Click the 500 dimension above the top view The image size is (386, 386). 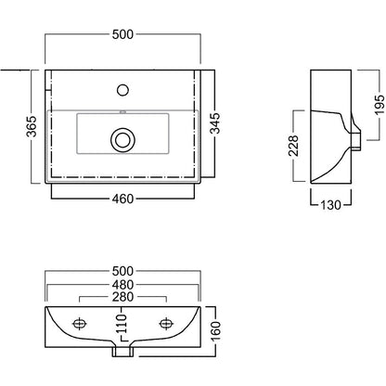pyautogui.click(x=122, y=34)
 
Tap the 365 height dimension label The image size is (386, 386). pyautogui.click(x=32, y=126)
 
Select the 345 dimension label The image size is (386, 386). pyautogui.click(x=215, y=123)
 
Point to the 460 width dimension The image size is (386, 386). pyautogui.click(x=122, y=199)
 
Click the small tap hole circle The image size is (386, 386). pyautogui.click(x=122, y=90)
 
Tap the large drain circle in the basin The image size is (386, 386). pyautogui.click(x=122, y=139)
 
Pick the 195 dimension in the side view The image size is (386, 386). pyautogui.click(x=380, y=105)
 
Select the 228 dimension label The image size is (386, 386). pyautogui.click(x=293, y=146)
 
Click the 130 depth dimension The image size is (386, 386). pyautogui.click(x=331, y=205)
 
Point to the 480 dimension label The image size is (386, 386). pyautogui.click(x=122, y=285)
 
